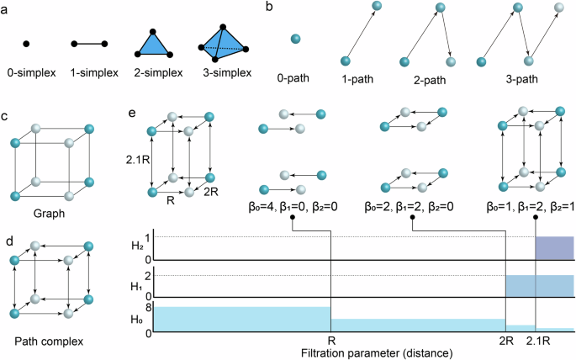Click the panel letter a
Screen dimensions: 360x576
(x=7, y=10)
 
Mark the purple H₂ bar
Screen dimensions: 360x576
(x=555, y=249)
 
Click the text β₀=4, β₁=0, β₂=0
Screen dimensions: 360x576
(x=292, y=204)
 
